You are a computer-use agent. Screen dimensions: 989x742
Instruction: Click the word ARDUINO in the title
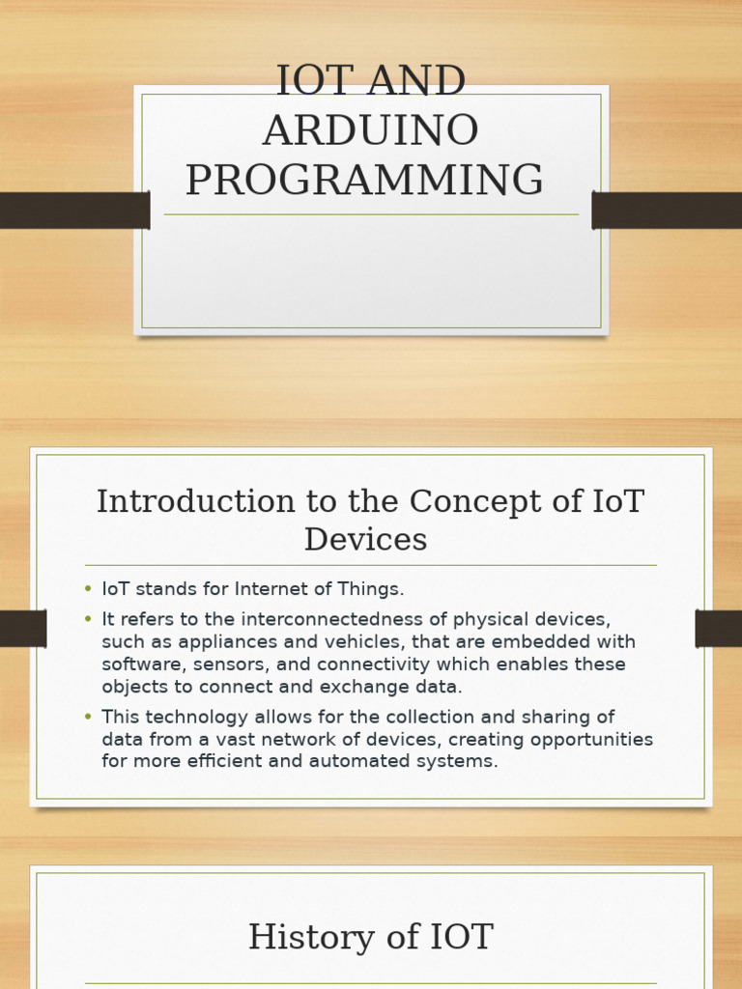(370, 131)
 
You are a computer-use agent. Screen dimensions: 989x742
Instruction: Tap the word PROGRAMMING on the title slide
(364, 181)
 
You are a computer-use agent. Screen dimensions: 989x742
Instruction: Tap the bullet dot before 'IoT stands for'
(88, 589)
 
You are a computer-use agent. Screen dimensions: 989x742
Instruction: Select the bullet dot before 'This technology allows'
(88, 717)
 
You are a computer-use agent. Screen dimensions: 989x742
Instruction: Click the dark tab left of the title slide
(74, 211)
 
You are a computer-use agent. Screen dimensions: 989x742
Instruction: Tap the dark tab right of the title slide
(667, 211)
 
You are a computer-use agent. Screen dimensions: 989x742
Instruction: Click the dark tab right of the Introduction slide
(718, 629)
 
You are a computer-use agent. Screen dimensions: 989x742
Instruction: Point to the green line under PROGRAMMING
(371, 214)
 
